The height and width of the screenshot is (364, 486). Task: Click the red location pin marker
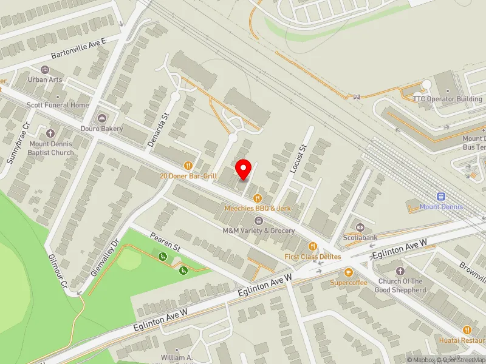244,168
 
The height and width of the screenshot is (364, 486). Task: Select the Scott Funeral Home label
58,105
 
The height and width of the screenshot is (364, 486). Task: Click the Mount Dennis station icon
442,197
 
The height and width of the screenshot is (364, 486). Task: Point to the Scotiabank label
361,237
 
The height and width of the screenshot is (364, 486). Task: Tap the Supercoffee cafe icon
349,272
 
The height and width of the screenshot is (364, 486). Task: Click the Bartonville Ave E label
78,49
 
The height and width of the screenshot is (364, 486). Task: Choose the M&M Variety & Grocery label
259,231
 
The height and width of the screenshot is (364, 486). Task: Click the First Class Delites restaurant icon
313,246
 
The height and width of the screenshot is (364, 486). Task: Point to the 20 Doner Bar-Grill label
188,176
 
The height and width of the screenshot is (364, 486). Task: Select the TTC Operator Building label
447,99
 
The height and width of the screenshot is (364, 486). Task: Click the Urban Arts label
45,79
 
